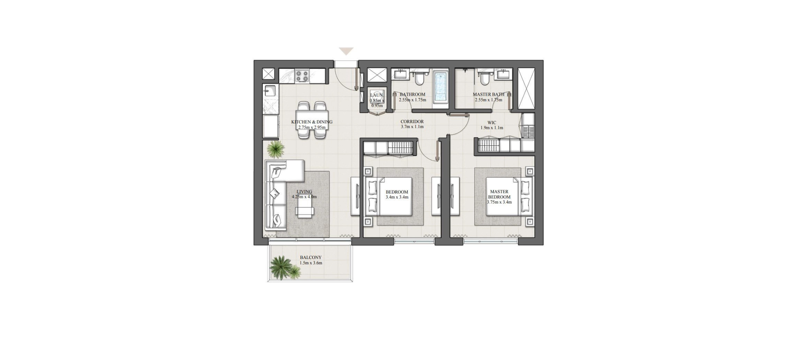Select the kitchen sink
[57, 91]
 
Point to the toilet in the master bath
[484, 80]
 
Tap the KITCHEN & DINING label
[312, 122]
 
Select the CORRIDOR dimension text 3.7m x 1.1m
[412, 127]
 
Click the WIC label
[492, 122]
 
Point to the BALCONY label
[310, 258]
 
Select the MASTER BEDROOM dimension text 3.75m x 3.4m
[499, 202]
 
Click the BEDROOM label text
[397, 192]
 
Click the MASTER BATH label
[489, 94]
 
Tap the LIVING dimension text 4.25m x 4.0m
[304, 197]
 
